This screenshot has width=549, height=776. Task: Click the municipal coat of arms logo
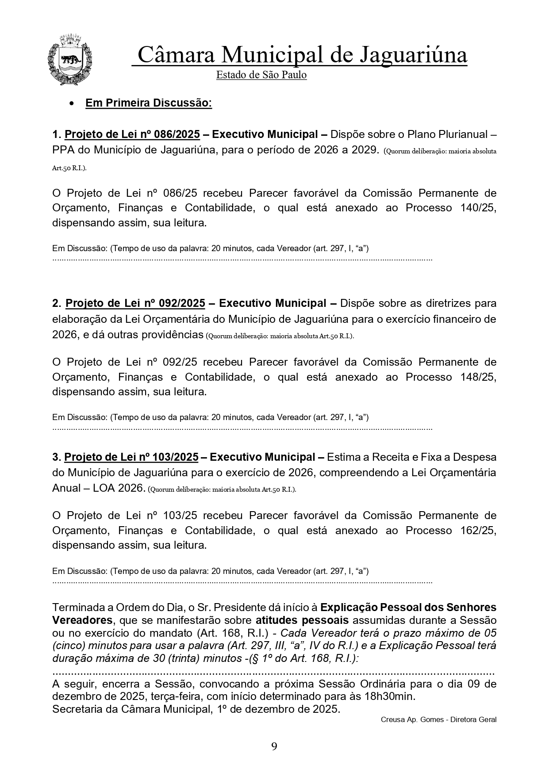pyautogui.click(x=69, y=60)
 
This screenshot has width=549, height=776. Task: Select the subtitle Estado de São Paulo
pyautogui.click(x=261, y=75)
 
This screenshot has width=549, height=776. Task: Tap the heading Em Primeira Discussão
pyautogui.click(x=148, y=103)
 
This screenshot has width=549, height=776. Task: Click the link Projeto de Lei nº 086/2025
pyautogui.click(x=132, y=134)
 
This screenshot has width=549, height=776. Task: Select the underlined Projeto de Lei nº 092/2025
pyautogui.click(x=135, y=303)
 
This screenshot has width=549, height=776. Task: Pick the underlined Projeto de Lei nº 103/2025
pyautogui.click(x=131, y=457)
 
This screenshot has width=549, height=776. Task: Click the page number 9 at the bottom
pyautogui.click(x=274, y=747)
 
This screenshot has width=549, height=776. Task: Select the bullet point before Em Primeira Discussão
pyautogui.click(x=71, y=103)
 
